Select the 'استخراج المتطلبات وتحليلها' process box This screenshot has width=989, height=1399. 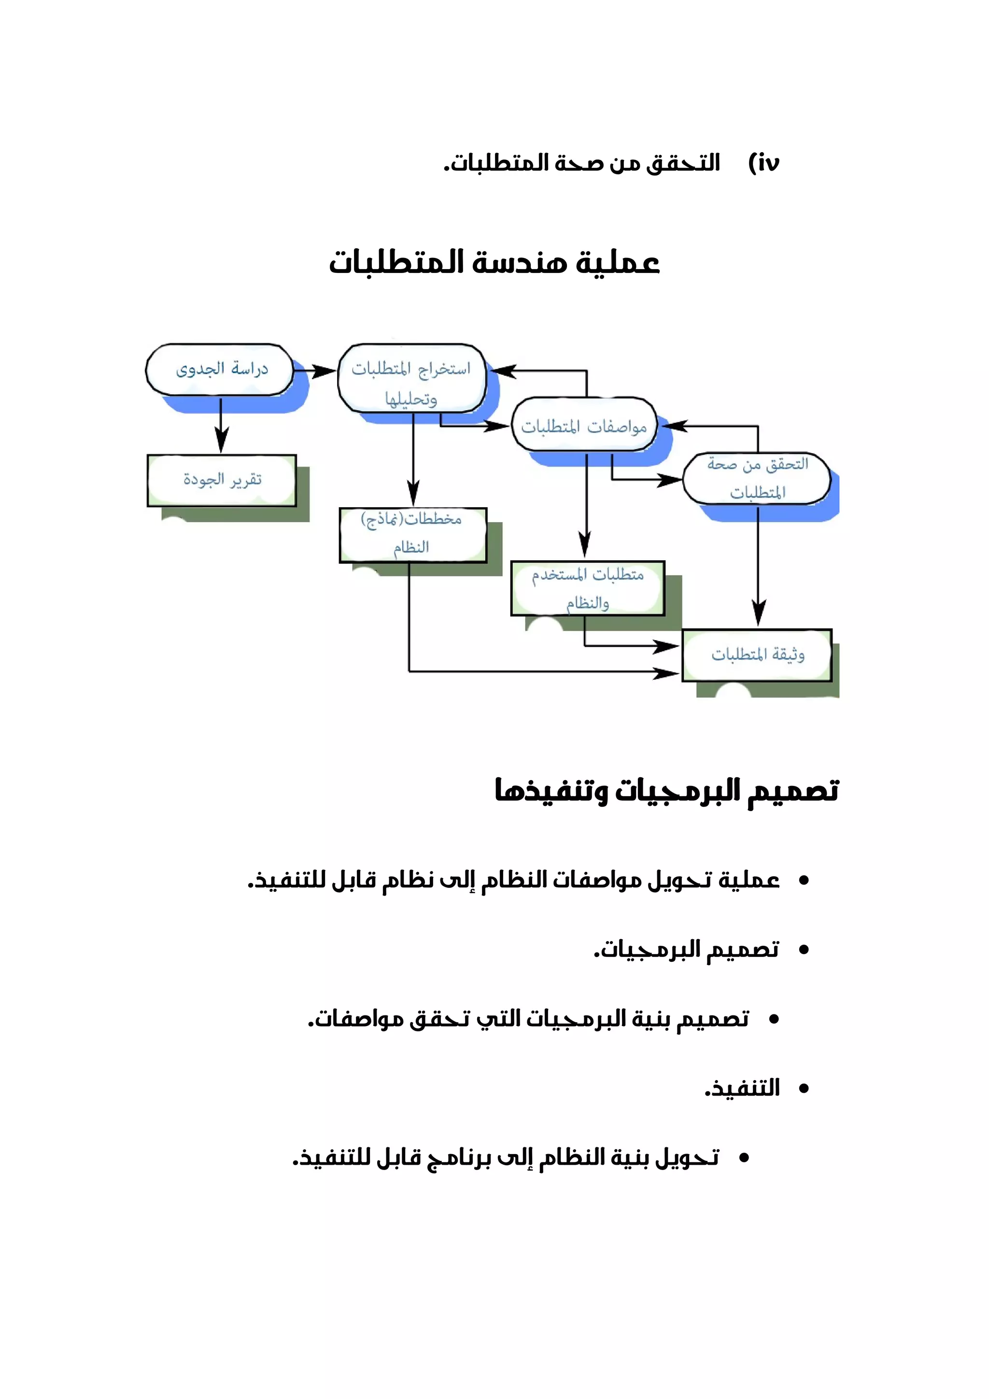click(x=411, y=378)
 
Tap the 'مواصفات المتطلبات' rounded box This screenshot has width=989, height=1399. click(x=584, y=425)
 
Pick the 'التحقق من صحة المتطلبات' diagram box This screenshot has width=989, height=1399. click(x=757, y=478)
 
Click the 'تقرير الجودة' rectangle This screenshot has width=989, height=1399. click(x=222, y=480)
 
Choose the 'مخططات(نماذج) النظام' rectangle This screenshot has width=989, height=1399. click(x=412, y=534)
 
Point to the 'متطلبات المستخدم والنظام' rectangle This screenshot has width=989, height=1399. click(x=587, y=588)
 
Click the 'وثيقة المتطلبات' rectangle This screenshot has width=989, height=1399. click(x=757, y=655)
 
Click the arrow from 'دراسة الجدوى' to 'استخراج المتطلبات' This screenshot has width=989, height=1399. click(x=315, y=371)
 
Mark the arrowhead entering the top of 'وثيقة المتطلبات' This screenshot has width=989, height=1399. click(x=758, y=613)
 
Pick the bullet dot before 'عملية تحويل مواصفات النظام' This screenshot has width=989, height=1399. click(x=804, y=880)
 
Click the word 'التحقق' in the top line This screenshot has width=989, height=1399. click(x=683, y=163)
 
